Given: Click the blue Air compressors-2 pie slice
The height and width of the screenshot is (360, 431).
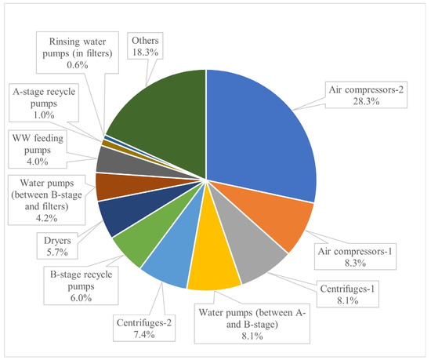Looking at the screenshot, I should [259, 133].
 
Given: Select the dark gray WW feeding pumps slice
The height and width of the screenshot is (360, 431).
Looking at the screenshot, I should [110, 160].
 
